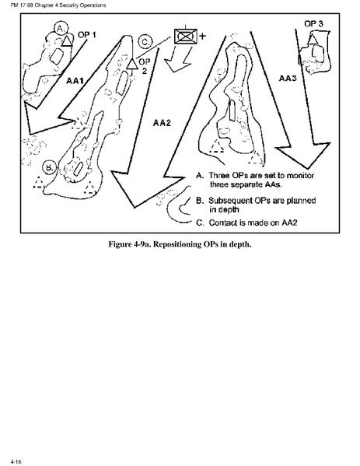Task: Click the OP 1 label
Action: tap(87, 35)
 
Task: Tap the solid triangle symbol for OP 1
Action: tap(67, 41)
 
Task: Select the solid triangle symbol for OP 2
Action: tap(132, 64)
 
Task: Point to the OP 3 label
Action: tap(313, 24)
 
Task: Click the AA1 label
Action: tap(75, 81)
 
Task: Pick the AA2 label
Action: tap(162, 122)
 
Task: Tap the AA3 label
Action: tap(288, 78)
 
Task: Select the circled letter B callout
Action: tap(49, 167)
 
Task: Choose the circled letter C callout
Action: tap(145, 41)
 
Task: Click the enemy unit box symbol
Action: tap(186, 37)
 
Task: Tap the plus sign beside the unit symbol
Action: tap(202, 37)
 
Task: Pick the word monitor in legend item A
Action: tap(300, 175)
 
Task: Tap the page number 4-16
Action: tap(16, 461)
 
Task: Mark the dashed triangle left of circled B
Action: tap(38, 182)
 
